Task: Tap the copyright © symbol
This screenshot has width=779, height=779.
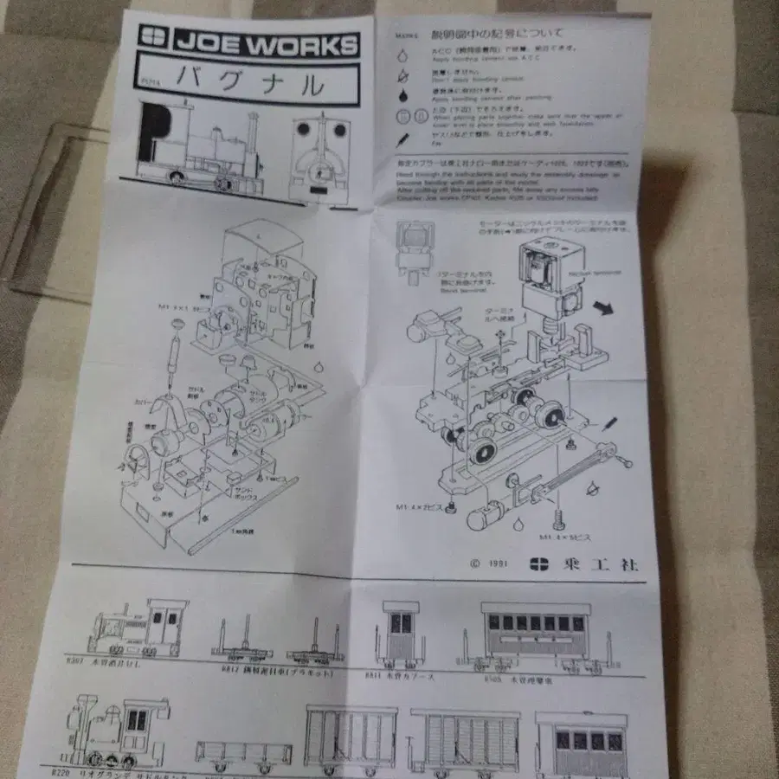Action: (474, 563)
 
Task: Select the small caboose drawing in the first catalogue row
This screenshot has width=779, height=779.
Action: (400, 636)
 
